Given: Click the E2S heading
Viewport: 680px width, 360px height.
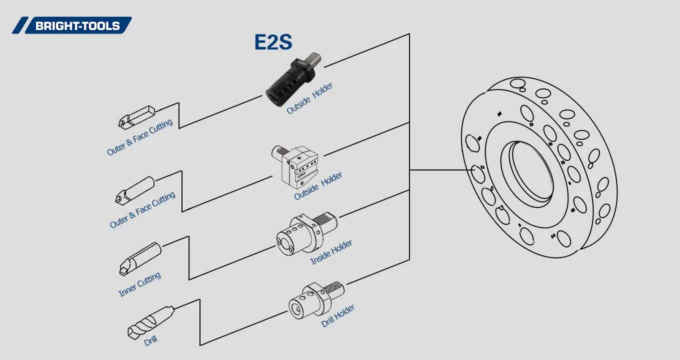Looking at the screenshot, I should pos(273,42).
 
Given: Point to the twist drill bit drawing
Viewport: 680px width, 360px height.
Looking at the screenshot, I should pos(149,322).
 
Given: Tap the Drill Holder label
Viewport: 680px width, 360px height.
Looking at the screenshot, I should pos(338,315).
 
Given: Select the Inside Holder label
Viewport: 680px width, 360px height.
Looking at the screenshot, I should pos(331,252).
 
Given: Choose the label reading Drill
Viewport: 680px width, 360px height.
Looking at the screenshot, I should pos(150,341).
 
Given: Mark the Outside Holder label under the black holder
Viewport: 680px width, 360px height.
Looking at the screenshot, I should pos(309,98).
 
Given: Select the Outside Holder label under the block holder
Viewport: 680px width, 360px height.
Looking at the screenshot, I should pos(318,186).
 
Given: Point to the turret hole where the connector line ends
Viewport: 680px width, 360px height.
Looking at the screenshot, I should pos(479,174).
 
